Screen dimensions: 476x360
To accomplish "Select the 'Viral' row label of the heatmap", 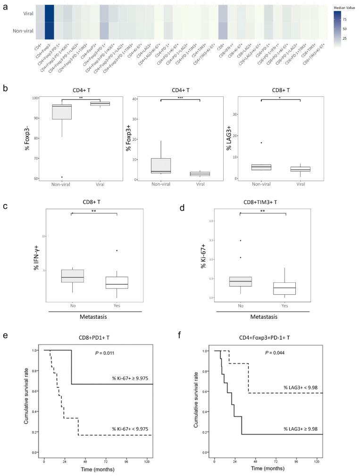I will click(x=22, y=15).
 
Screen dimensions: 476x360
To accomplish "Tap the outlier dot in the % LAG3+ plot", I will click(x=261, y=143).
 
